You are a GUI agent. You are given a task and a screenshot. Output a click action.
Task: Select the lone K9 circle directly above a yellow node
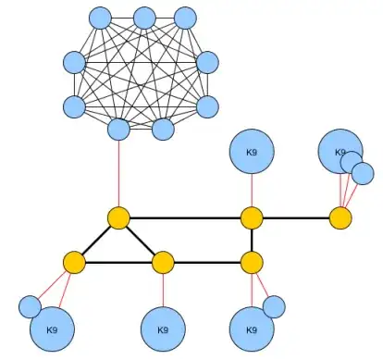pos(251,152)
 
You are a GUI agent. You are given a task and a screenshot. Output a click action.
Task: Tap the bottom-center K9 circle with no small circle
pos(163,329)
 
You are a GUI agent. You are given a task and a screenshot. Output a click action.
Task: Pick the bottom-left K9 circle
pos(52,329)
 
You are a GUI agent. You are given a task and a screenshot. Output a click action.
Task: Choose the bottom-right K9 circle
pos(251,329)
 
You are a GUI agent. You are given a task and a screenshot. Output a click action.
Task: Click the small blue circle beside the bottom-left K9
pos(30,305)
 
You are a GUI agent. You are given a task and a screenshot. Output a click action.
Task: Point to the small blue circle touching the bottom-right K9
pos(274,305)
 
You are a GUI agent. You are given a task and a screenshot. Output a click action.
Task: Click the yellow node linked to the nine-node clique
pos(118,218)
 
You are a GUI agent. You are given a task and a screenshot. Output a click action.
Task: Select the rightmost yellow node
pos(340,218)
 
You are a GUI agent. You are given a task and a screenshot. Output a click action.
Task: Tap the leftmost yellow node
pos(74,263)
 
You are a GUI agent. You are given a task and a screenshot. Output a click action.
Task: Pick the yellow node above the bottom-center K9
pos(163,263)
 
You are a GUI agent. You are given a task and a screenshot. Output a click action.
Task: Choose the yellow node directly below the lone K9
pos(252,218)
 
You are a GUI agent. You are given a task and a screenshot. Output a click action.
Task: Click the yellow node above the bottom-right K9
pos(252,263)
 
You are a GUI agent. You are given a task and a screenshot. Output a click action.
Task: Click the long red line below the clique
pos(118,176)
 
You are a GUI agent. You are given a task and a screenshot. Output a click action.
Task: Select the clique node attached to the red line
pos(118,129)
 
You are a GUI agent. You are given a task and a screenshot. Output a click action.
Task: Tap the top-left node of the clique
pos(101,18)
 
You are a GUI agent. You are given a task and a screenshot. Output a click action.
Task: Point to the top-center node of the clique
pos(143,18)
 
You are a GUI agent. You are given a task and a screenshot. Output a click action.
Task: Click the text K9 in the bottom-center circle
pos(163,329)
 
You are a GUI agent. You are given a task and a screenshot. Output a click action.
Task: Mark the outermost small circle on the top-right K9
pos(363,172)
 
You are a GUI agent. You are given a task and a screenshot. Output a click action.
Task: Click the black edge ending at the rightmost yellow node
pos(296,218)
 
